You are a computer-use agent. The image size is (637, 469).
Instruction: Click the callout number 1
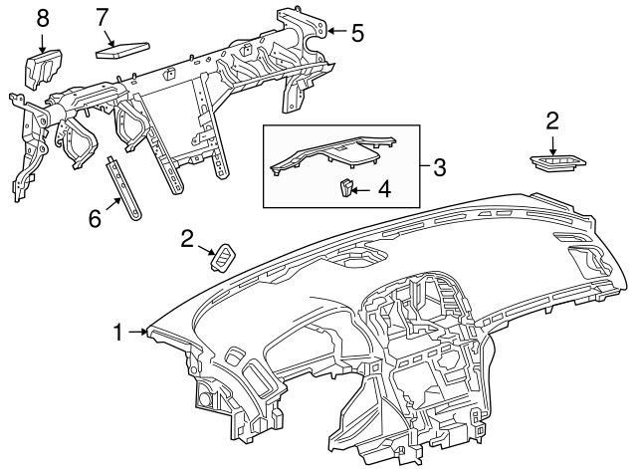[118, 333]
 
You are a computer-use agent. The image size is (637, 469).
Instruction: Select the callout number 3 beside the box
[439, 166]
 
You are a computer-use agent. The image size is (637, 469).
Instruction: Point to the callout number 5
[357, 32]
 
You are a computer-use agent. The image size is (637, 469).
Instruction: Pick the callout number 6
[96, 218]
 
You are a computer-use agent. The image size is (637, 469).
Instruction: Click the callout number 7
[103, 17]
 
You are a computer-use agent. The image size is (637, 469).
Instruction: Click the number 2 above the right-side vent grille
[552, 120]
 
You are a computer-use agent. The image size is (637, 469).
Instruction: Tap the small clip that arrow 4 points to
[344, 186]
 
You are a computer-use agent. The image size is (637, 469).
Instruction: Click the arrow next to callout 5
[335, 32]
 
